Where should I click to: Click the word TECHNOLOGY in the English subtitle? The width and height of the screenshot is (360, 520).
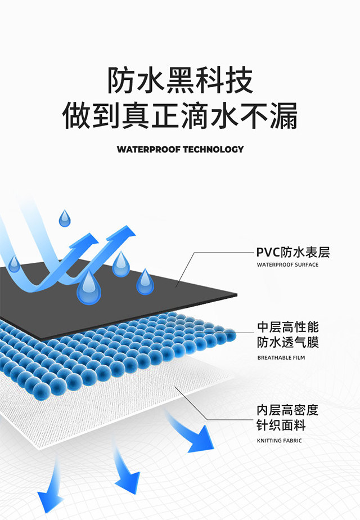(x=214, y=150)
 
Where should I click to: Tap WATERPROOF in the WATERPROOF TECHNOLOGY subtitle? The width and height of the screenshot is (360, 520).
(x=148, y=150)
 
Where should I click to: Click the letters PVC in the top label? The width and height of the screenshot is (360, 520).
(x=268, y=252)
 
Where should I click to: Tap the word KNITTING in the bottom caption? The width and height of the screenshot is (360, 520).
(x=269, y=441)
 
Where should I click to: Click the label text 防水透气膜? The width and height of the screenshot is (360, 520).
(x=288, y=342)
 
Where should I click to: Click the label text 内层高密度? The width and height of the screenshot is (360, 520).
(x=287, y=410)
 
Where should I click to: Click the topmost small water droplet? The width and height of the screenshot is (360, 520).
(x=65, y=218)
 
